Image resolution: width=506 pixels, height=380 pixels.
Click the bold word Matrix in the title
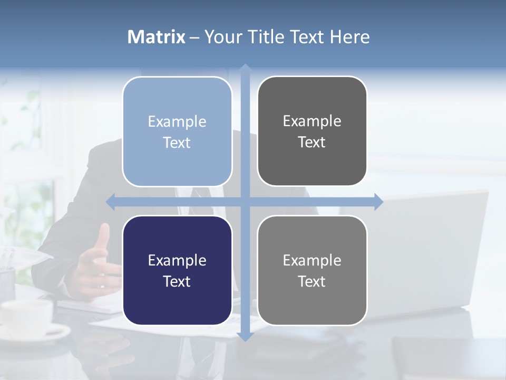[x=157, y=37]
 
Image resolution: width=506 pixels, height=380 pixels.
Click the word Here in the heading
[x=349, y=37]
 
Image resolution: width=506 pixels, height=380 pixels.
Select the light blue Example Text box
[x=177, y=131]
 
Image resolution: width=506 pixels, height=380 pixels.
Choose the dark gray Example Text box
[x=312, y=131]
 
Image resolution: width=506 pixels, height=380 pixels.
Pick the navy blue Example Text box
[x=177, y=270]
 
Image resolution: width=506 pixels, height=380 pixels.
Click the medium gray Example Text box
[x=312, y=270]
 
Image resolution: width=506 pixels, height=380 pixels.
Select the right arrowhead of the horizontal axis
[x=378, y=202]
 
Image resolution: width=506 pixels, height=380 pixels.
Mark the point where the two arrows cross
[x=245, y=202]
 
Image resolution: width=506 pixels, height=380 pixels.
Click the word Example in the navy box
[x=177, y=260]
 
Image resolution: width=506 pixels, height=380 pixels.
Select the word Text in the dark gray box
[x=312, y=142]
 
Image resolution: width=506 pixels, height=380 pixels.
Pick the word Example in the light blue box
[x=177, y=121]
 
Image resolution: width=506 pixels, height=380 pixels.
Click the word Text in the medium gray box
[x=312, y=281]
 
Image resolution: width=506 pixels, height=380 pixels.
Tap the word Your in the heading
[x=222, y=37]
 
